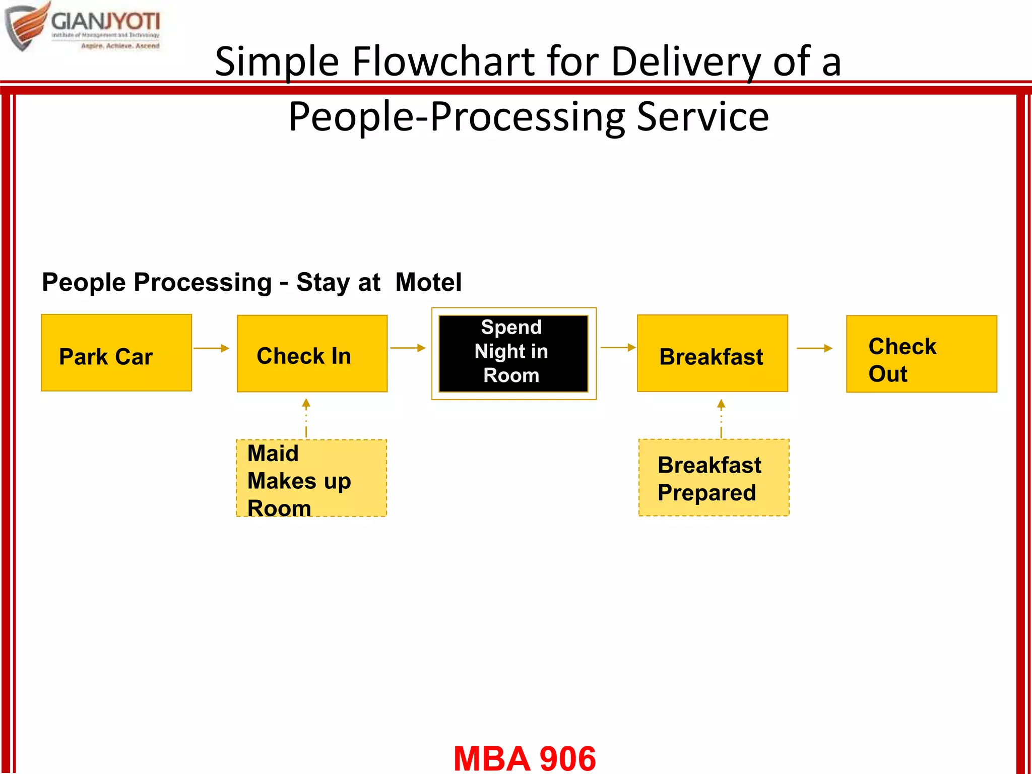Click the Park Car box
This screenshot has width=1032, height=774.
(x=116, y=353)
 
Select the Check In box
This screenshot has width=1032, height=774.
(x=312, y=353)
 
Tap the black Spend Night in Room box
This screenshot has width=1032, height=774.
(x=513, y=353)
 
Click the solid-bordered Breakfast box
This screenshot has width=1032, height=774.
(x=712, y=353)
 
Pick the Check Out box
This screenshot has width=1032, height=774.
(x=921, y=354)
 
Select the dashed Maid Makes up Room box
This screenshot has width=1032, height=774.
(x=311, y=478)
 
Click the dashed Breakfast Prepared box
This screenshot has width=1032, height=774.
(x=714, y=477)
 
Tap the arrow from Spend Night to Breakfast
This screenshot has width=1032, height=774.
(x=618, y=347)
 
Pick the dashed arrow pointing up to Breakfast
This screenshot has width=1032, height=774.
(x=721, y=418)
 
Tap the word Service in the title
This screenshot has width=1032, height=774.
(x=702, y=117)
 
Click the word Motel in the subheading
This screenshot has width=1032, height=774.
(x=428, y=282)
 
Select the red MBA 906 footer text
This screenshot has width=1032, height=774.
(x=525, y=758)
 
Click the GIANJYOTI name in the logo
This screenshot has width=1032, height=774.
(x=105, y=22)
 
